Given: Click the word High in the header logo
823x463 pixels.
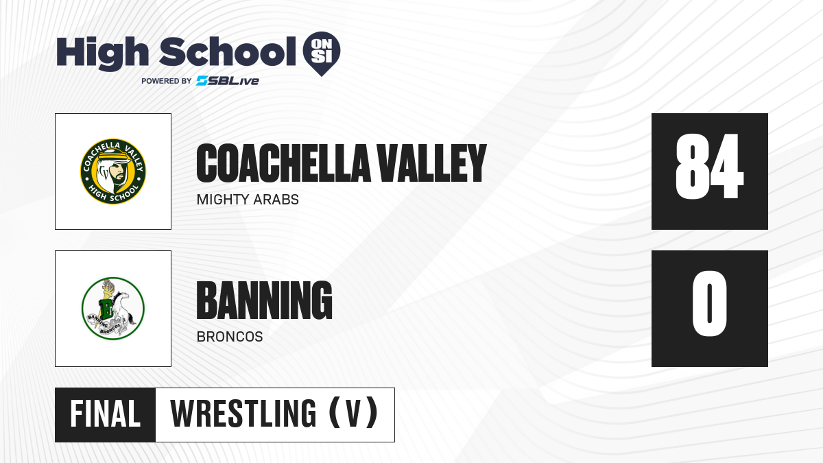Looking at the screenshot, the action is coord(102,53).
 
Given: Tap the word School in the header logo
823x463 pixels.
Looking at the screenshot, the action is coord(228,51).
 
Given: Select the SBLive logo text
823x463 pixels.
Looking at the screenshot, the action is coord(228,81).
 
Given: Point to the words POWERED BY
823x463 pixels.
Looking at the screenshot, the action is coord(167,81).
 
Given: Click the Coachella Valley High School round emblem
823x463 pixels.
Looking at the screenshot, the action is coord(113,171).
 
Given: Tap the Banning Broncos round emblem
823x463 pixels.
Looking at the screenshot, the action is coord(113,309).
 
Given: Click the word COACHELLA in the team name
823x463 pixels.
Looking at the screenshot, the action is coord(283,163).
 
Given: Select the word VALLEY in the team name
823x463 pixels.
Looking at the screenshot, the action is coord(432,163).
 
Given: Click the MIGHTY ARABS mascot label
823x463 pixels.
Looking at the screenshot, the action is coord(248,200).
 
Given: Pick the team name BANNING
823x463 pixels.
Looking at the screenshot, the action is coord(265,300).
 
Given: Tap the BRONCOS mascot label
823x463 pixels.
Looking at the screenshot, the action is coord(230,337).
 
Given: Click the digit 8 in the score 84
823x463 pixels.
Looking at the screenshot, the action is coord(691,166).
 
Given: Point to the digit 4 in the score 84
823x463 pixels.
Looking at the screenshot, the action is coord(726,166).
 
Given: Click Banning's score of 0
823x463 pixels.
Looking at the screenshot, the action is coord(709,303).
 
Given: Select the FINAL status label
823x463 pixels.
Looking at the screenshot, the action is coord(105,414).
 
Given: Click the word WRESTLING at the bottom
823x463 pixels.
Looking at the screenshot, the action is coord(243,414).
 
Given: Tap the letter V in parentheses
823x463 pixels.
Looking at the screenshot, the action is coord(353,414).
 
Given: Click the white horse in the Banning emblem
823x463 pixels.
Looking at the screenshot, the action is coord(123,309).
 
